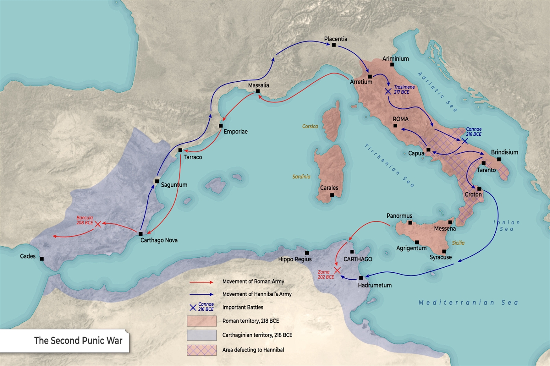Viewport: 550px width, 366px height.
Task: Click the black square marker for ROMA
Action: pos(395,126)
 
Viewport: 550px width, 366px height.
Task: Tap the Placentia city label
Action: pos(335,39)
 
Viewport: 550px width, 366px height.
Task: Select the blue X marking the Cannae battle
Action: pos(465,140)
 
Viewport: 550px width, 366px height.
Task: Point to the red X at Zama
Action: pos(337,270)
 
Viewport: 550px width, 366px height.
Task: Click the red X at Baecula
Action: pos(98,224)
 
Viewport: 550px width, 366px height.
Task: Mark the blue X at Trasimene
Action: pos(388,91)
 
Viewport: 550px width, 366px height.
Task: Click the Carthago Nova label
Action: pos(159,240)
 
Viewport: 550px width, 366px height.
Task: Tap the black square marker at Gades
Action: pos(42,259)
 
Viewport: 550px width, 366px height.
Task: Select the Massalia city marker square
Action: pos(258,91)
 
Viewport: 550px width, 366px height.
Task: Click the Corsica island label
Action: pos(310,126)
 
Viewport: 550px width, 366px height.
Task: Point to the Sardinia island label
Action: pos(301,177)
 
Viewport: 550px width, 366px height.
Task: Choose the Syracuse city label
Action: pos(440,257)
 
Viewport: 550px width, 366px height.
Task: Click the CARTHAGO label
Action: pos(357,259)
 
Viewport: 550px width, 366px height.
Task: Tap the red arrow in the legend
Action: pos(201,282)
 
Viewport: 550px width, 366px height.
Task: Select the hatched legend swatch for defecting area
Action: pos(202,350)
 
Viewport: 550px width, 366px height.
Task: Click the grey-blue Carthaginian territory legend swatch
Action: pos(202,335)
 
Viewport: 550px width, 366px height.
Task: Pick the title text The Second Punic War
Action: pos(78,341)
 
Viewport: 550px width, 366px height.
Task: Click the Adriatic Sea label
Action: pos(437,91)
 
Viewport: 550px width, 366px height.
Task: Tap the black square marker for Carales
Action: pos(332,195)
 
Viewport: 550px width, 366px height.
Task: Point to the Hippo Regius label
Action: pos(295,259)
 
